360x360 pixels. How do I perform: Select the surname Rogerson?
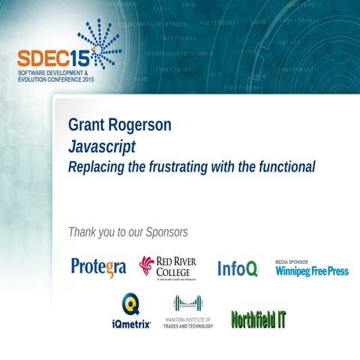[x=143, y=125]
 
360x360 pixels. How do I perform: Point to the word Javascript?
[x=101, y=145]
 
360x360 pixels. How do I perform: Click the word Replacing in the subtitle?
[x=96, y=166]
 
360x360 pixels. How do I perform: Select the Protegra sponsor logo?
[x=98, y=267]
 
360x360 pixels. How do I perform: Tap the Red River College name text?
[x=177, y=265]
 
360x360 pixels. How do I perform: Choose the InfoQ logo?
[x=238, y=268]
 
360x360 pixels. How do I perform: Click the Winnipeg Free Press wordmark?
[x=311, y=271]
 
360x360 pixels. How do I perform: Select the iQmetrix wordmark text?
[x=130, y=323]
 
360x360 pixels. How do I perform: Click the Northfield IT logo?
[x=258, y=318]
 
